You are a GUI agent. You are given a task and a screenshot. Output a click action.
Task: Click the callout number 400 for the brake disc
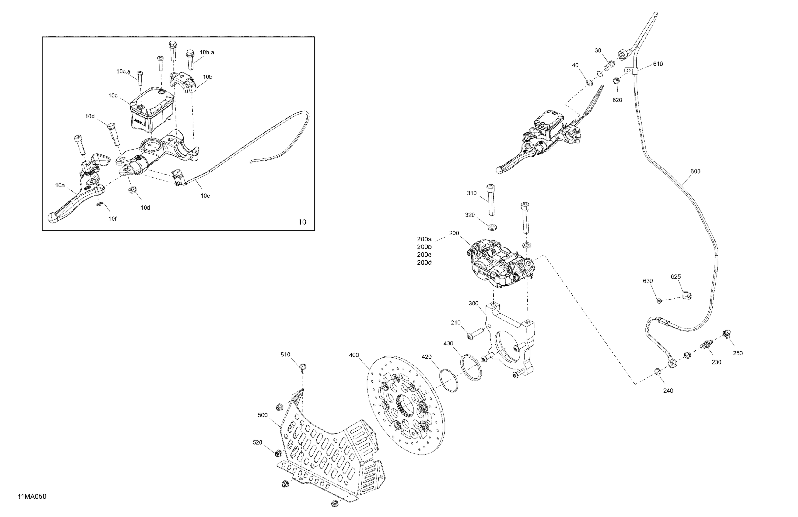coord(354,355)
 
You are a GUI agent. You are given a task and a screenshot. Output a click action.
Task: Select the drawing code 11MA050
coord(32,497)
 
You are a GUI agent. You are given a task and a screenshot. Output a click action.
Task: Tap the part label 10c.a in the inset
coord(123,71)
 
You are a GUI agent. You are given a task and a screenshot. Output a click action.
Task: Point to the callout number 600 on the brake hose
coord(695,171)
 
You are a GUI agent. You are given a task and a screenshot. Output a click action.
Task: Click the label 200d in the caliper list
coord(424,263)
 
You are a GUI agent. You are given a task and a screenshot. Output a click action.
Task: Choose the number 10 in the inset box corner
coord(302,222)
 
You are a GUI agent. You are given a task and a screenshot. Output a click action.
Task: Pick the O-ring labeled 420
coord(449,380)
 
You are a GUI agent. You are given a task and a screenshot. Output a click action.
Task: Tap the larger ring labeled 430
coord(471,368)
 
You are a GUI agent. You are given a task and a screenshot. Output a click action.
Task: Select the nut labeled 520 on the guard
coord(278,454)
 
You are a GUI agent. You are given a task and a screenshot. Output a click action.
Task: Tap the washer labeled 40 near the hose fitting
coord(589,83)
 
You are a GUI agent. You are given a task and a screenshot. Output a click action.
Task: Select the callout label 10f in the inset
coord(112,219)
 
